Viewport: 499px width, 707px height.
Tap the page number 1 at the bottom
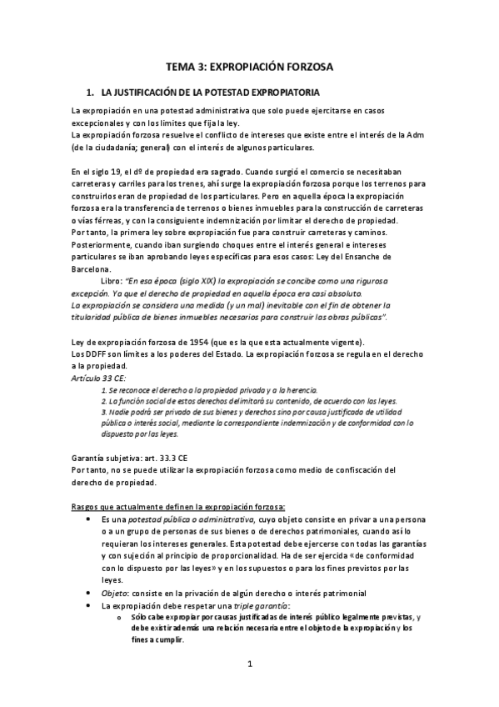pos(249,664)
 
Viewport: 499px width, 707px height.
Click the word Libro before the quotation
pos(111,281)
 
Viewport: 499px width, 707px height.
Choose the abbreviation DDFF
pos(94,356)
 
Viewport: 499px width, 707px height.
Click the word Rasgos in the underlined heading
pos(87,505)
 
